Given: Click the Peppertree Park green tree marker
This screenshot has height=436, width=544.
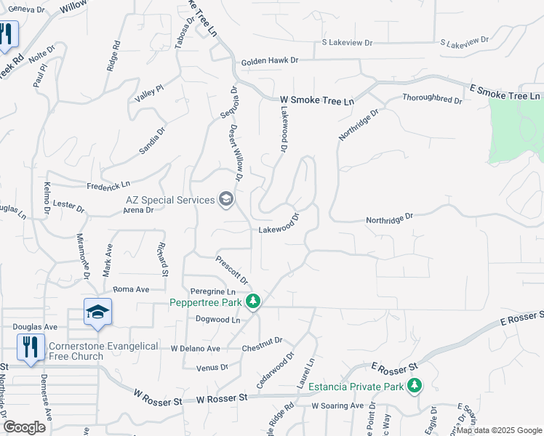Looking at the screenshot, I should pyautogui.click(x=253, y=301).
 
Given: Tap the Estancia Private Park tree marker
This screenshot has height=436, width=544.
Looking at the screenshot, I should pyautogui.click(x=415, y=385).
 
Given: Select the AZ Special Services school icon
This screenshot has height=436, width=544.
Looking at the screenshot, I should pyautogui.click(x=226, y=200).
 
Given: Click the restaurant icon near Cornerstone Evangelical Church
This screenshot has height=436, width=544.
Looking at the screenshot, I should pyautogui.click(x=30, y=347).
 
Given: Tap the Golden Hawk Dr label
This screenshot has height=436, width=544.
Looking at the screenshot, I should pyautogui.click(x=270, y=62).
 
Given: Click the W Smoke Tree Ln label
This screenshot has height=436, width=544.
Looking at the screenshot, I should pyautogui.click(x=316, y=100).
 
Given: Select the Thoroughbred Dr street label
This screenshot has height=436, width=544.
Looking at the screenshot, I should pyautogui.click(x=432, y=99).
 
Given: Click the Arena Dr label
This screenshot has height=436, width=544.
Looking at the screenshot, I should pyautogui.click(x=138, y=210).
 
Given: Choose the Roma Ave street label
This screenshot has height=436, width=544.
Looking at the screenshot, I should pyautogui.click(x=131, y=289).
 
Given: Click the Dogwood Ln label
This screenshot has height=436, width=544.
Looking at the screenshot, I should pyautogui.click(x=217, y=320).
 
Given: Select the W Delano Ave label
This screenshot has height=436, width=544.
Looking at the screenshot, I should pyautogui.click(x=195, y=349).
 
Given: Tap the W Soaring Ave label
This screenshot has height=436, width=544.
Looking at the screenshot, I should pyautogui.click(x=337, y=405).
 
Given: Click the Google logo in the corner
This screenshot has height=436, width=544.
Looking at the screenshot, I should pyautogui.click(x=23, y=427).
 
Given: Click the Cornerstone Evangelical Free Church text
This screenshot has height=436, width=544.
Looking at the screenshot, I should pyautogui.click(x=103, y=351).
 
